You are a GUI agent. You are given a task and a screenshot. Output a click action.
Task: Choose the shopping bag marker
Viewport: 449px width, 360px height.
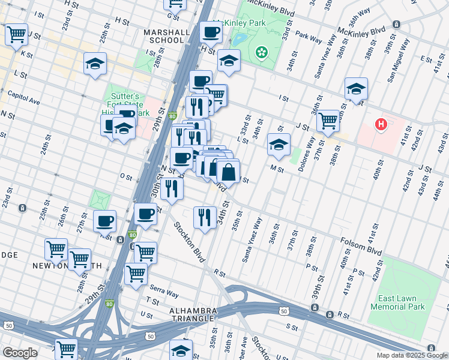tap(229, 173)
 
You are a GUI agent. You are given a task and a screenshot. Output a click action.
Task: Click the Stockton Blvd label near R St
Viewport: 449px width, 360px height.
tap(189, 243)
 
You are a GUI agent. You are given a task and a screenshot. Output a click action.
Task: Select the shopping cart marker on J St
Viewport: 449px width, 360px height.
tap(328, 121)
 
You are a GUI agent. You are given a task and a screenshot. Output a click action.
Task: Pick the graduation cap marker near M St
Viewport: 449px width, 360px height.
tap(279, 145)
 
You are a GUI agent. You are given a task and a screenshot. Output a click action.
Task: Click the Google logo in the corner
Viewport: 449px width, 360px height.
tap(20, 353)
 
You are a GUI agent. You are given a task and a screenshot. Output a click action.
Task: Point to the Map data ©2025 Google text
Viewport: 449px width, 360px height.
tap(412, 355)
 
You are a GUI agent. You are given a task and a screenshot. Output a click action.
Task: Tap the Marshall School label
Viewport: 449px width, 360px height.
tap(163, 36)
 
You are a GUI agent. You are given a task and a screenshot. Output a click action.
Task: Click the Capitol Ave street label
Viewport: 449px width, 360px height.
tap(23, 97)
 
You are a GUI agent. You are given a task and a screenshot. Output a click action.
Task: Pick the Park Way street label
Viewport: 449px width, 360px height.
tap(309, 38)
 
